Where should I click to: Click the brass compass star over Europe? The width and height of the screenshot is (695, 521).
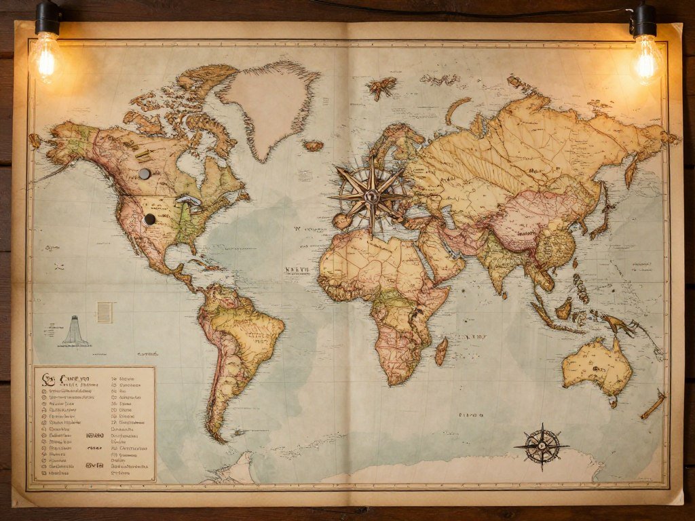pos(371,197)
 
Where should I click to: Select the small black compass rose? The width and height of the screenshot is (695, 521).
pos(542,446)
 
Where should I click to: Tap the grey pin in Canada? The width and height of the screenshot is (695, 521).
pos(144,174)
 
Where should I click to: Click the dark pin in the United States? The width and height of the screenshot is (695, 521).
pos(150,218)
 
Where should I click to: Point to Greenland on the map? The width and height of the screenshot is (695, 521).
pos(271,102)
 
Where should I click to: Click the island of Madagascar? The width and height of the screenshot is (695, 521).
pos(442,350)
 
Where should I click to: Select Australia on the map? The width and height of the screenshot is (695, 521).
pos(597,366)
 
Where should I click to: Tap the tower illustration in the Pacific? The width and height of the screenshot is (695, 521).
pos(76,332)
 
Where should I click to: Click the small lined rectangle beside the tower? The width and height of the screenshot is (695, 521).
pos(104,312)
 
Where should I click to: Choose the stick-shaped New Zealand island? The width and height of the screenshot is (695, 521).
pos(654,405)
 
